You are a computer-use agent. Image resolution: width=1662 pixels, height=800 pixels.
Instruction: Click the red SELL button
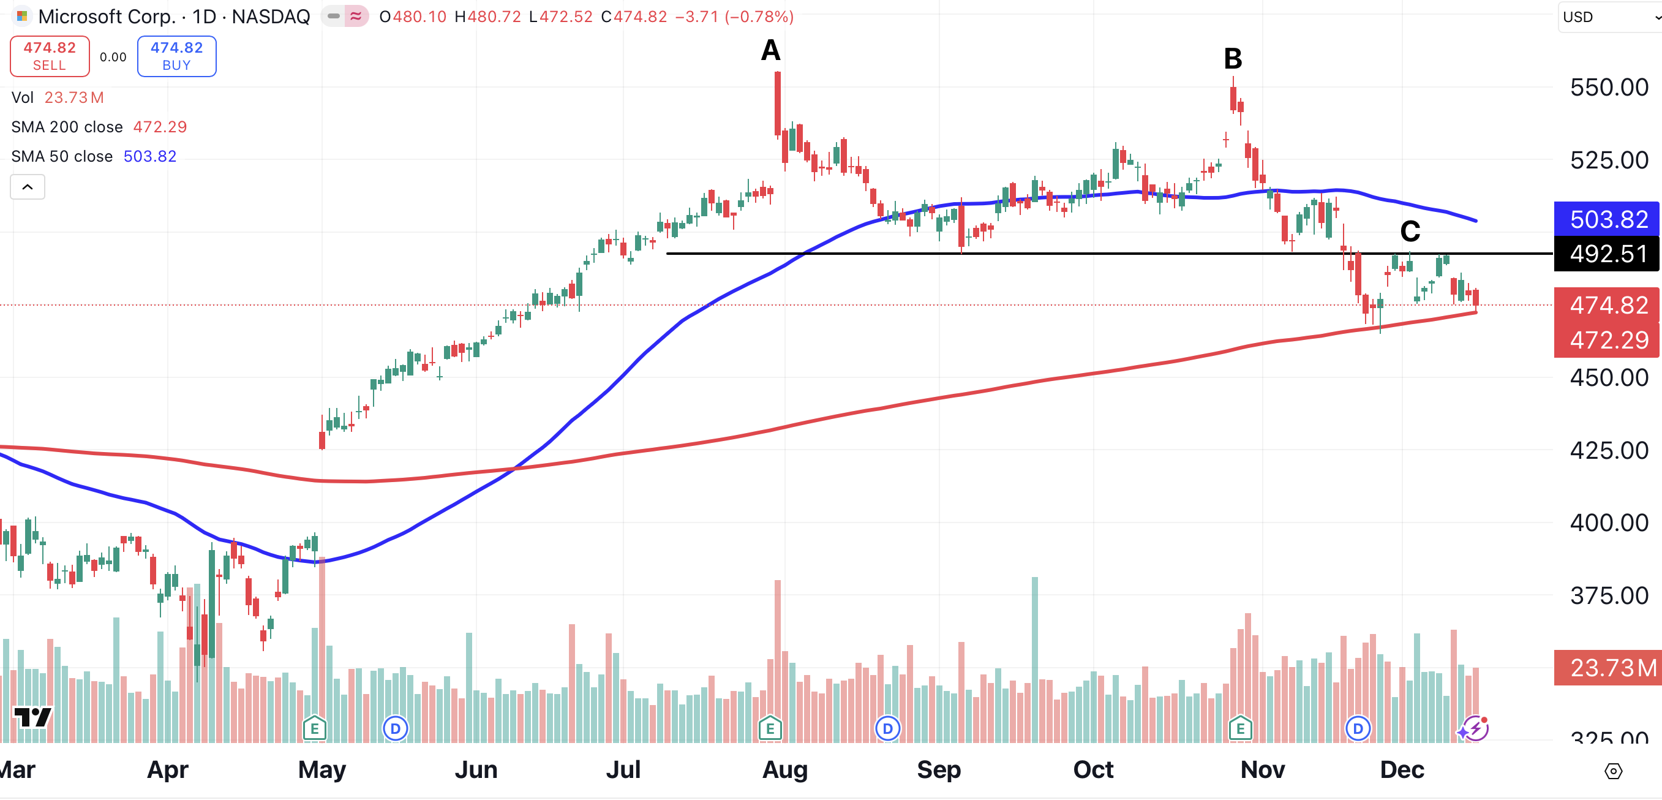[50, 56]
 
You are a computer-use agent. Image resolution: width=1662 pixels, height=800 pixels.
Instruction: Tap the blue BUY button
[176, 56]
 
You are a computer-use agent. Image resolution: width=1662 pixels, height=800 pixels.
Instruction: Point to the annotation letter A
[770, 50]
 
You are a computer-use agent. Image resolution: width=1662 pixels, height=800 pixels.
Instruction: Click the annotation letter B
[1232, 59]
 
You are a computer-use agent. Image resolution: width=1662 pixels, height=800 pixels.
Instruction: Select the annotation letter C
[1410, 231]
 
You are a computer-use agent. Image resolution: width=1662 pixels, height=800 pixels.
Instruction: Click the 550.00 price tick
[1609, 88]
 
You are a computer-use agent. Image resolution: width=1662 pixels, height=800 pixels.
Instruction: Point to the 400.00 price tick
[1609, 523]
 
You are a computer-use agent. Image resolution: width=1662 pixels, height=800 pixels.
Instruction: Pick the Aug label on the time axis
[784, 769]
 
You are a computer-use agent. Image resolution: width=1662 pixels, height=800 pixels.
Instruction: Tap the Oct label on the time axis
[1093, 769]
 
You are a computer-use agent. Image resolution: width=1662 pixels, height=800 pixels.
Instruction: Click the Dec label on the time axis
[1401, 769]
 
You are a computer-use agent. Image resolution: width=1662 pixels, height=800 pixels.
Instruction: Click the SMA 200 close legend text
[67, 127]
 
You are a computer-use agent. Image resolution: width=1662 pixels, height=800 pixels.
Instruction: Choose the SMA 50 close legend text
[62, 157]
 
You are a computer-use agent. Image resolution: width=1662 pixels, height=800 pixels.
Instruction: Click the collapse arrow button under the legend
[28, 187]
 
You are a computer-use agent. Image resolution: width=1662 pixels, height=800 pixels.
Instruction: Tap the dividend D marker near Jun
[395, 729]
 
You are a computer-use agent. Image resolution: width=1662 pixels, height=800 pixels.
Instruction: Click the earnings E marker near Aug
[770, 729]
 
